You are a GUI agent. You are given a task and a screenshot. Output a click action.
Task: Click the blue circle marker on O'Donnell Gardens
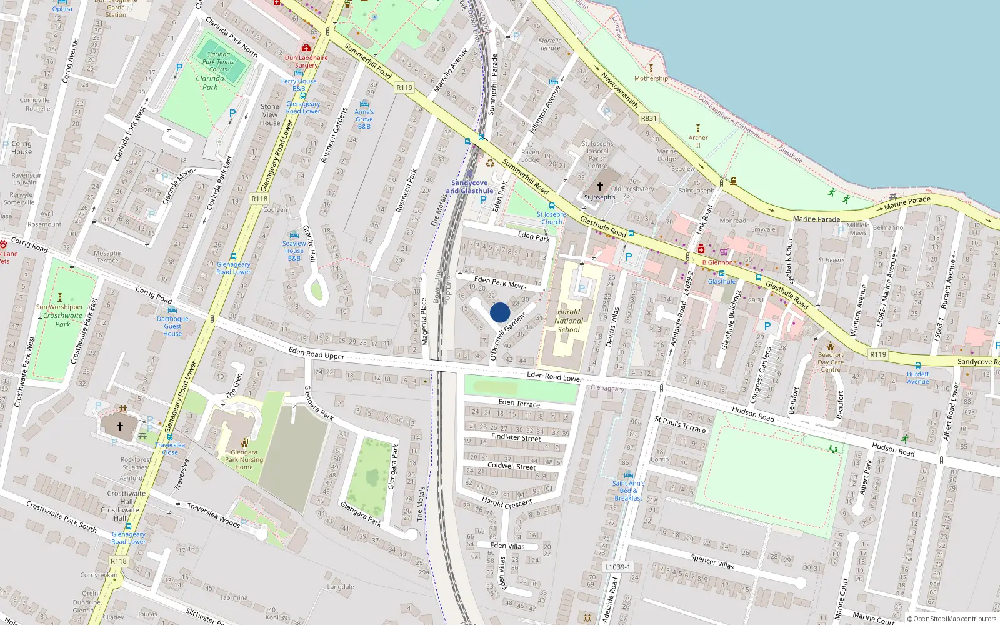pos(500,312)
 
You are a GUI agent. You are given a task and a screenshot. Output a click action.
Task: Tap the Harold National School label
pos(569,321)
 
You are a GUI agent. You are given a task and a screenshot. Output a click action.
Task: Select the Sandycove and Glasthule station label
pos(469,187)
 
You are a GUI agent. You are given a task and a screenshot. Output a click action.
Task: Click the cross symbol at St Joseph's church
pos(600,186)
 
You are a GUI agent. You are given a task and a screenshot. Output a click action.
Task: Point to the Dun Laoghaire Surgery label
pos(306,61)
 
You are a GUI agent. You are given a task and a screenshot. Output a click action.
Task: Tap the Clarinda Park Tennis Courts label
pos(218,61)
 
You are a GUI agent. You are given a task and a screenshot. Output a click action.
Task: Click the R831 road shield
pos(649,118)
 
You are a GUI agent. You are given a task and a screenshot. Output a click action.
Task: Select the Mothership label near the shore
pos(651,78)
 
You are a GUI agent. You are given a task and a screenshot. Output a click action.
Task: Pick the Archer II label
pos(698,141)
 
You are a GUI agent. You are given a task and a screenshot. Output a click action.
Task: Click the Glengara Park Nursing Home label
pos(244,459)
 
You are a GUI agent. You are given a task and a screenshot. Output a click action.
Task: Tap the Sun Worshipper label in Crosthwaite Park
pos(59,307)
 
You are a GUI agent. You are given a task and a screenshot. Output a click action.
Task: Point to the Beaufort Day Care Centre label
pos(831,362)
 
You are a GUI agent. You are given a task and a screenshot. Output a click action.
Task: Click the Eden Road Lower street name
pos(554,376)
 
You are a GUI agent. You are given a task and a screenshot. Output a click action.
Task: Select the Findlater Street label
pos(516,437)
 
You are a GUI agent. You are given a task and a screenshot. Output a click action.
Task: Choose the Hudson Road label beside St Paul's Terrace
pos(753,414)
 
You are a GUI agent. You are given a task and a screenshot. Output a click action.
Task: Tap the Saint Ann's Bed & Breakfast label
pos(628,491)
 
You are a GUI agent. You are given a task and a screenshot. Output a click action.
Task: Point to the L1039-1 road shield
pos(617,567)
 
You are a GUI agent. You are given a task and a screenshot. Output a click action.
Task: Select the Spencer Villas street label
pos(712,561)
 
